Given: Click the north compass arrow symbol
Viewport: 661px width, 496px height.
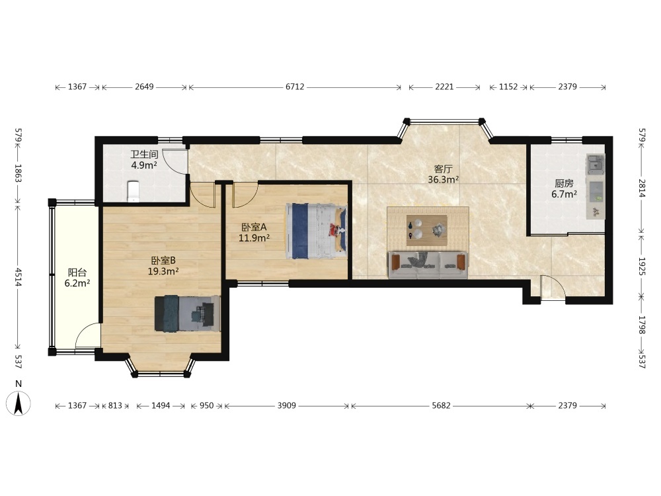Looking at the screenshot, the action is (19, 403).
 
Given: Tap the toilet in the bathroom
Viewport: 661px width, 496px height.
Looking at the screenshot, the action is (134, 191).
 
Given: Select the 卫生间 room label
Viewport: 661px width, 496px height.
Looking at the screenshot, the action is (144, 154).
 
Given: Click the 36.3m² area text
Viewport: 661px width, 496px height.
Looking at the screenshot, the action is (444, 180).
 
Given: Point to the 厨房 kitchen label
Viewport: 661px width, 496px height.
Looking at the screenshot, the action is (564, 183).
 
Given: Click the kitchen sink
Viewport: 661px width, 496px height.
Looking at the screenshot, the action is (596, 163).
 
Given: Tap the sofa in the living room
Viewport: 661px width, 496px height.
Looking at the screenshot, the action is (428, 265).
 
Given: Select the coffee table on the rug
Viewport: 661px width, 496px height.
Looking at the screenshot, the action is (426, 230).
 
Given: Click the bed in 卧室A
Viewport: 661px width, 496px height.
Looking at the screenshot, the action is (316, 231).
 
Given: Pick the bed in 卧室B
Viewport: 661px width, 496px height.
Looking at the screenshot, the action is (188, 313).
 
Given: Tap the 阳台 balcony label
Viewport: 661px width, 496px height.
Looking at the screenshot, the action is (77, 272).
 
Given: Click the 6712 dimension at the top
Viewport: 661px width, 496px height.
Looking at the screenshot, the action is (295, 87).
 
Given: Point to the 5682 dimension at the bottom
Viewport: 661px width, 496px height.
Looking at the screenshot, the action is (441, 406).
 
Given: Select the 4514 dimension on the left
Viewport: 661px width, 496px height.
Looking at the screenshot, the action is (18, 276).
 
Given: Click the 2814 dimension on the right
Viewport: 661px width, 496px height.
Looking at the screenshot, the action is (642, 188).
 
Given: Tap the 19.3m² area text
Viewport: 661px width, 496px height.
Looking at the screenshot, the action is (163, 271).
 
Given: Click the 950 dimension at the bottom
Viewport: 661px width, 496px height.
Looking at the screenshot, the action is (206, 406).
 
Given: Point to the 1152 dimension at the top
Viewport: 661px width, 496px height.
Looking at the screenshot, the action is (508, 87).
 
